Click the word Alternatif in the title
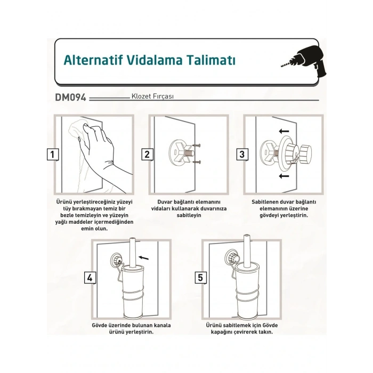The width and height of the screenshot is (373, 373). (93, 60)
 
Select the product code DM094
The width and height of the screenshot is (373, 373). (70, 98)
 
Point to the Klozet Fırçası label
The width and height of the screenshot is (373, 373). (152, 96)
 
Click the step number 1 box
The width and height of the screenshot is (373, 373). (52, 155)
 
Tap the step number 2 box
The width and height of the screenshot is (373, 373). (147, 155)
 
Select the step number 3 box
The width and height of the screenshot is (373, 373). (242, 155)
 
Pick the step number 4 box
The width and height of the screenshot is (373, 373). (90, 278)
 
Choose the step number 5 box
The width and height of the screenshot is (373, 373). (200, 278)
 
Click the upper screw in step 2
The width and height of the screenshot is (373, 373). (197, 145)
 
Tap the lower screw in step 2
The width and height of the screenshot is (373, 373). (197, 162)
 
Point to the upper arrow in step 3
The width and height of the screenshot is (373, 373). (284, 131)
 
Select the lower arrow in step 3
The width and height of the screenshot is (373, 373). (284, 176)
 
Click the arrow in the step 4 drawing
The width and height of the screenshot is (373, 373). (143, 257)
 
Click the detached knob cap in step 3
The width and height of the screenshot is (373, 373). (305, 153)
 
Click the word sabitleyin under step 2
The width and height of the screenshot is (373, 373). (189, 215)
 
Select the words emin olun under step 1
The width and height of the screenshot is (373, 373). (94, 229)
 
